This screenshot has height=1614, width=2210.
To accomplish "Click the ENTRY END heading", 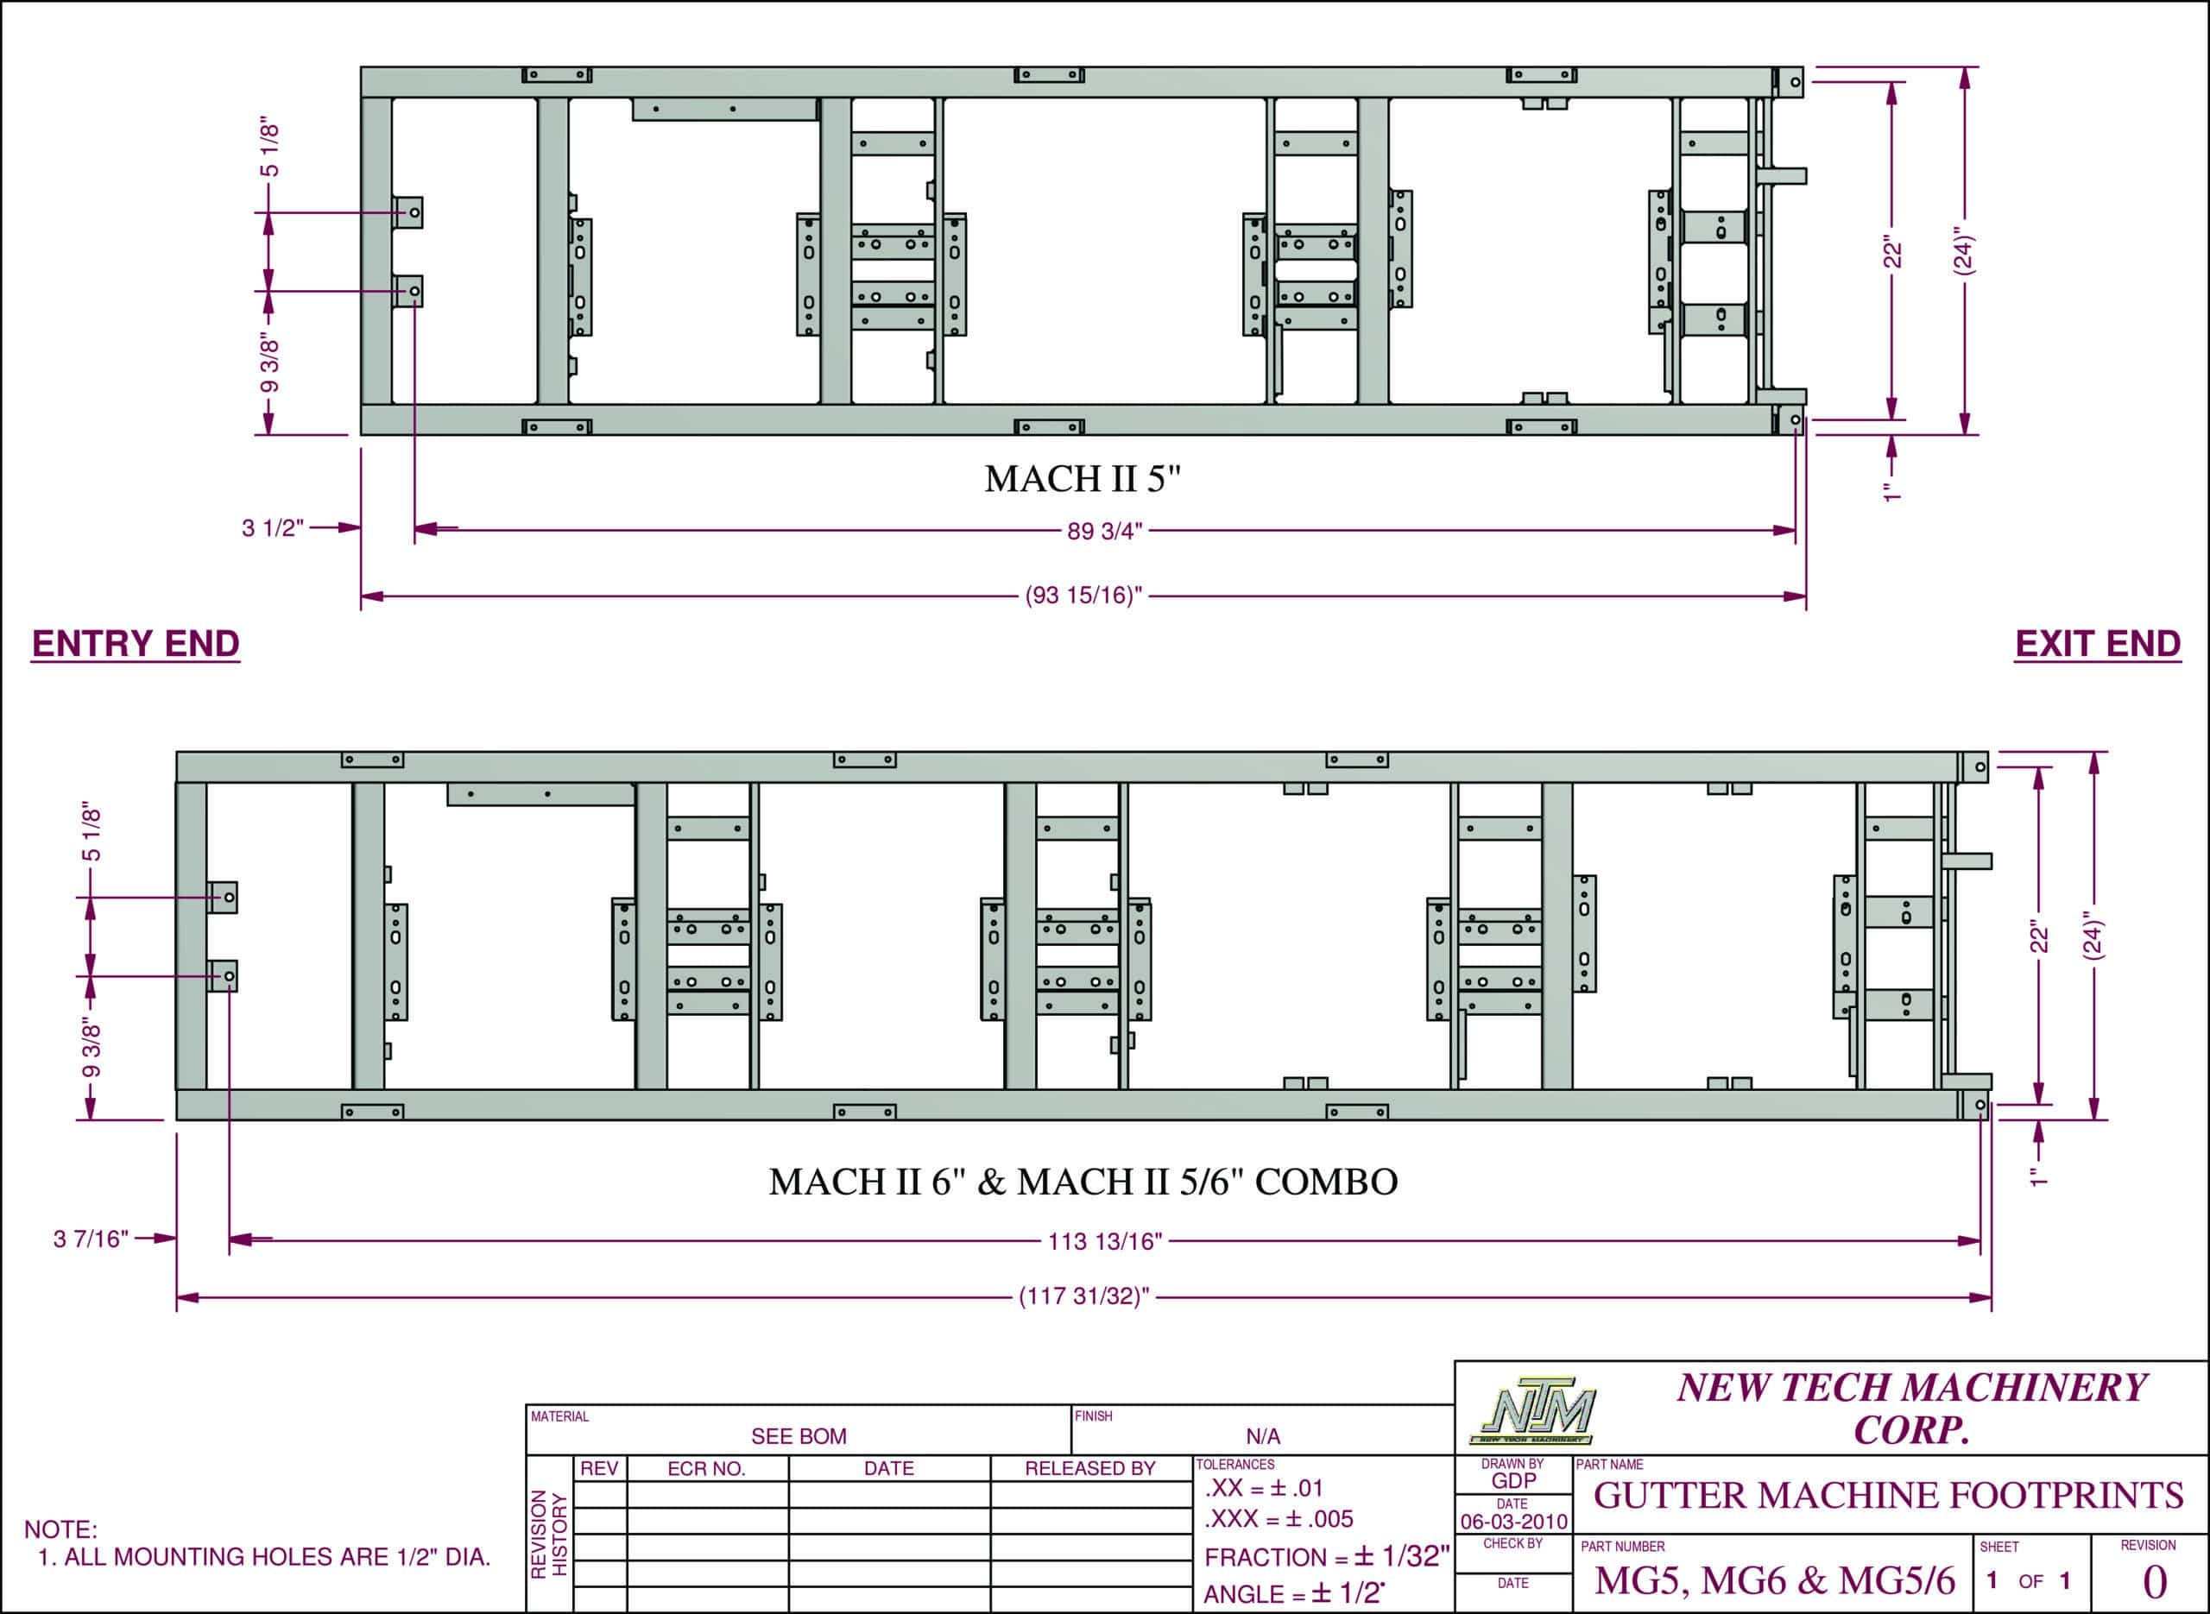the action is tap(136, 644).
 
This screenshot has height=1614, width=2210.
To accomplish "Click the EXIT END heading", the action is tap(2098, 644).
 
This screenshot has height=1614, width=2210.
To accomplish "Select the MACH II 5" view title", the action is tap(1083, 479).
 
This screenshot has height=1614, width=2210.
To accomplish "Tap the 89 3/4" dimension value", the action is tap(1104, 532).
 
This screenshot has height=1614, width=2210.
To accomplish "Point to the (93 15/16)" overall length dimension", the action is tap(1083, 595).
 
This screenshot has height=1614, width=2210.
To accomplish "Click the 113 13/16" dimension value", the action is tap(1105, 1242).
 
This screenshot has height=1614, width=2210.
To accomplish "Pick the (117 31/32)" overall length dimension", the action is tap(1084, 1296).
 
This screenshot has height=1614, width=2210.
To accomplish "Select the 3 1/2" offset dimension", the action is tap(273, 528).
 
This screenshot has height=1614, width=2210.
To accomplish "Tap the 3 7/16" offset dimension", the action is tap(91, 1239).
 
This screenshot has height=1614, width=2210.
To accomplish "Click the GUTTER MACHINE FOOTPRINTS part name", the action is tap(1889, 1496).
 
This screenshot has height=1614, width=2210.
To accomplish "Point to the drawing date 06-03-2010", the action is tap(1513, 1521).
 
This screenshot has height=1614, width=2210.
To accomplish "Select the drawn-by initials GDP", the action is tap(1513, 1481).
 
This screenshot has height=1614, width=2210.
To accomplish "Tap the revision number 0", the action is tap(2154, 1582).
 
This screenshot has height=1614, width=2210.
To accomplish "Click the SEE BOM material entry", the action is tap(799, 1436).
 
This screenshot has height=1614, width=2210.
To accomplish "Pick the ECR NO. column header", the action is tap(706, 1468).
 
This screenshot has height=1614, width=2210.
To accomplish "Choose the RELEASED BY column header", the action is tap(1089, 1468).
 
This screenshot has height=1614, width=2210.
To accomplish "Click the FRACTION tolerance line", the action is tap(1326, 1556).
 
